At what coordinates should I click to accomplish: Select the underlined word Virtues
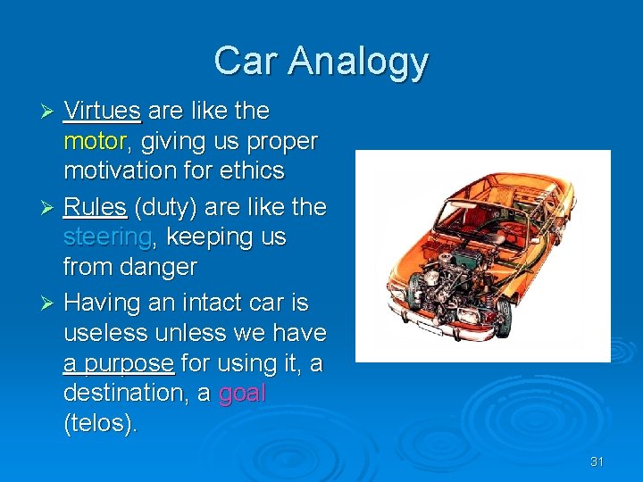coord(102,111)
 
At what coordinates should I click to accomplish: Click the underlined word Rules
coord(95,207)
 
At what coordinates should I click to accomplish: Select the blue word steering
coord(107,237)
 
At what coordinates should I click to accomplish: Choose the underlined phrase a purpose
coord(118,363)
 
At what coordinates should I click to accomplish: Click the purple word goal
coord(242,394)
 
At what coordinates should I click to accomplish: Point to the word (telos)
coord(100,423)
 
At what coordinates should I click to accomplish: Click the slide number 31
coord(597,461)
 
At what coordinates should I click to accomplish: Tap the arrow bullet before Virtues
coord(49,112)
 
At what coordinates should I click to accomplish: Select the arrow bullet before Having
coord(49,303)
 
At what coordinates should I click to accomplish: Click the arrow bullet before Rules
coord(49,208)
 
